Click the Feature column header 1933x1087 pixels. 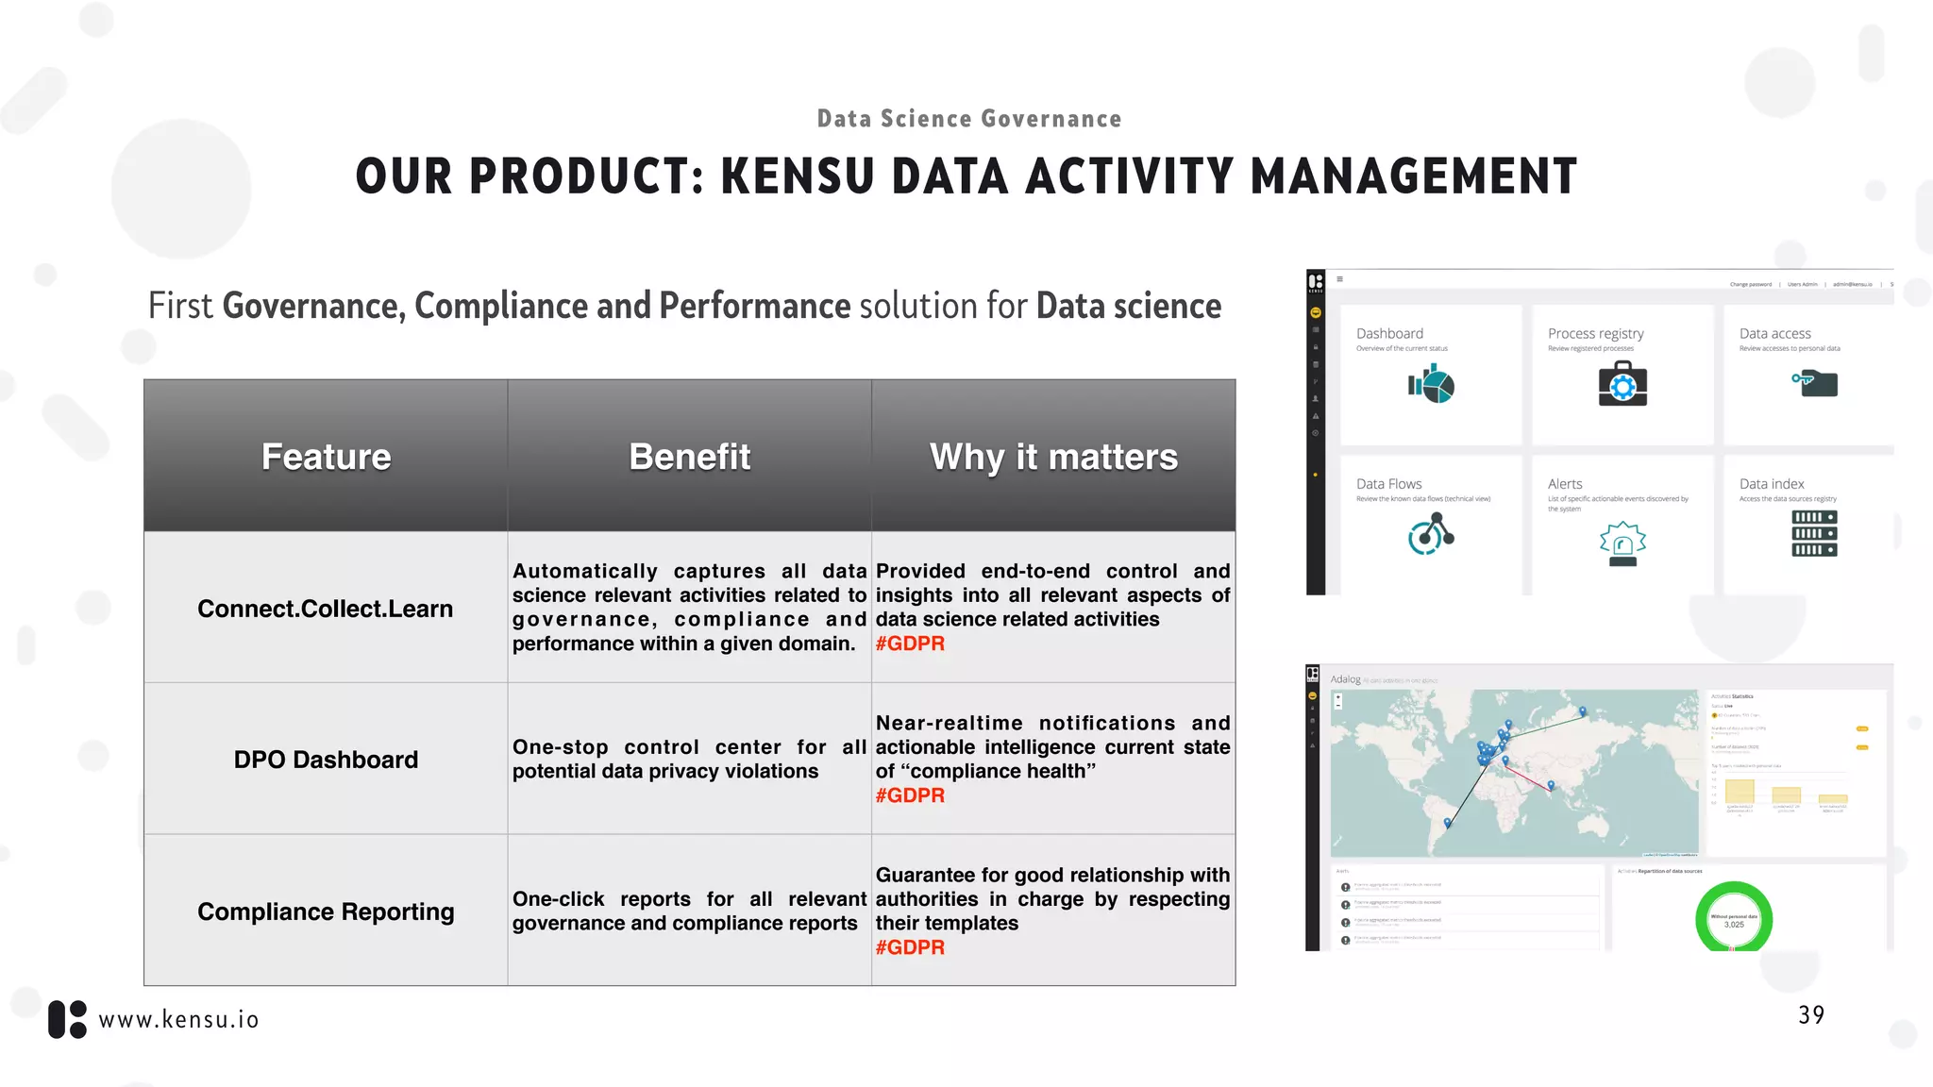326,457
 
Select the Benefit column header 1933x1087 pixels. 689,457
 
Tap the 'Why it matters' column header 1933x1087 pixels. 1053,457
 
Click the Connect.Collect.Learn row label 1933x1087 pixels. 326,609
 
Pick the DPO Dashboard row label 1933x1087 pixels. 326,760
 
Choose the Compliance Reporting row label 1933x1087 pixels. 326,911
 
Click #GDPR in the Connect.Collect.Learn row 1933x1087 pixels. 910,644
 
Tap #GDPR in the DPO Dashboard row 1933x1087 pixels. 910,795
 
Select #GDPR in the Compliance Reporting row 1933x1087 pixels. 910,947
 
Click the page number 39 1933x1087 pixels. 1810,1015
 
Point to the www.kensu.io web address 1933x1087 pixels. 179,1020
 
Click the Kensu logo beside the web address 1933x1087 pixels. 67,1020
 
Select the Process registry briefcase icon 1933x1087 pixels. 1622,385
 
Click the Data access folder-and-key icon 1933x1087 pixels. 1815,383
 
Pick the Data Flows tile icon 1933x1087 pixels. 1431,534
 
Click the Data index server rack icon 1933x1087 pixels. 1814,533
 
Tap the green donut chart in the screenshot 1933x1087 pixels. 1734,918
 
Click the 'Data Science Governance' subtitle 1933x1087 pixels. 969,119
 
